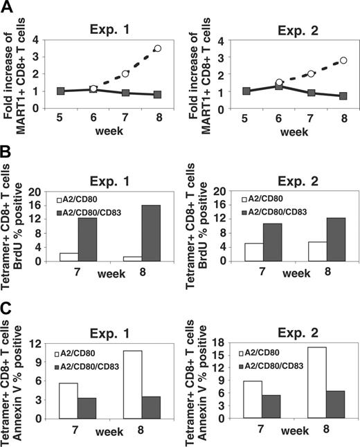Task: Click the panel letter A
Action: pos(9,8)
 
